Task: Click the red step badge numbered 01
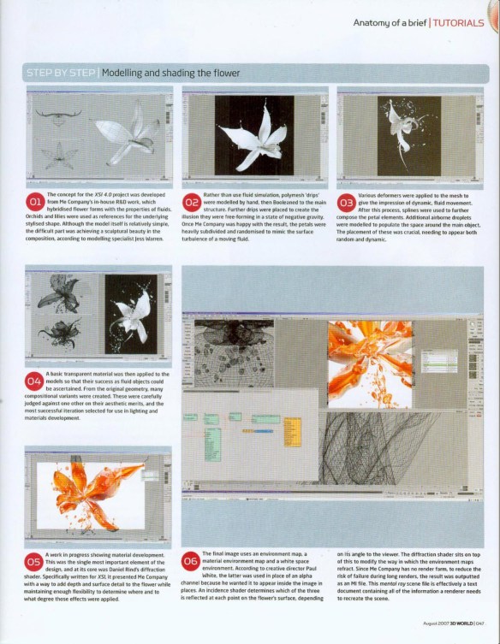point(36,203)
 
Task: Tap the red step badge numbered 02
point(192,203)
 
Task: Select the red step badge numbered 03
point(347,203)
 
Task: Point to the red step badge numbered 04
point(36,381)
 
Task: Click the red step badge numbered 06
point(191,562)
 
